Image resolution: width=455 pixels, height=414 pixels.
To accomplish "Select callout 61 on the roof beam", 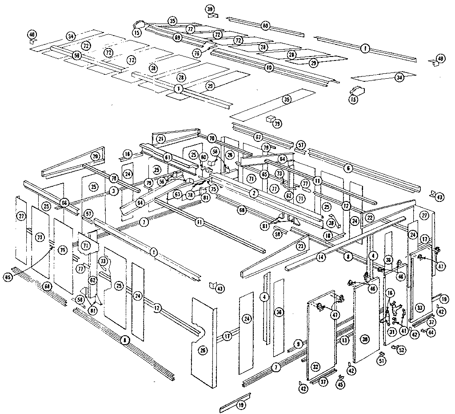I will coord(168,157).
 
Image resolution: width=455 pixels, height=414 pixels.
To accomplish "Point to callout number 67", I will coord(259,137).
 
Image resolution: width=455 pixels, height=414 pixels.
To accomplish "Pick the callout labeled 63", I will coord(177,194).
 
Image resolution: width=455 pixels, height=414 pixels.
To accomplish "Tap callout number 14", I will coord(321,257).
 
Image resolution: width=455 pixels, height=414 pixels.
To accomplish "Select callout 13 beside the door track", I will coord(344,340).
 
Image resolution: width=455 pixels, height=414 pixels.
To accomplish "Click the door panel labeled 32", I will coord(315,367).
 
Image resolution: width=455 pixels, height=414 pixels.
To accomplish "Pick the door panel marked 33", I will coord(419,307).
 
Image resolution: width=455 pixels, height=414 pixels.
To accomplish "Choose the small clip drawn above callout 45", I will coord(340,378).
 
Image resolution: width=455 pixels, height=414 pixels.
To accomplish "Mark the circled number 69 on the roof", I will coord(177,38).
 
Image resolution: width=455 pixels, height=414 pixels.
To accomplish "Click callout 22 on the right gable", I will coord(369,217).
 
